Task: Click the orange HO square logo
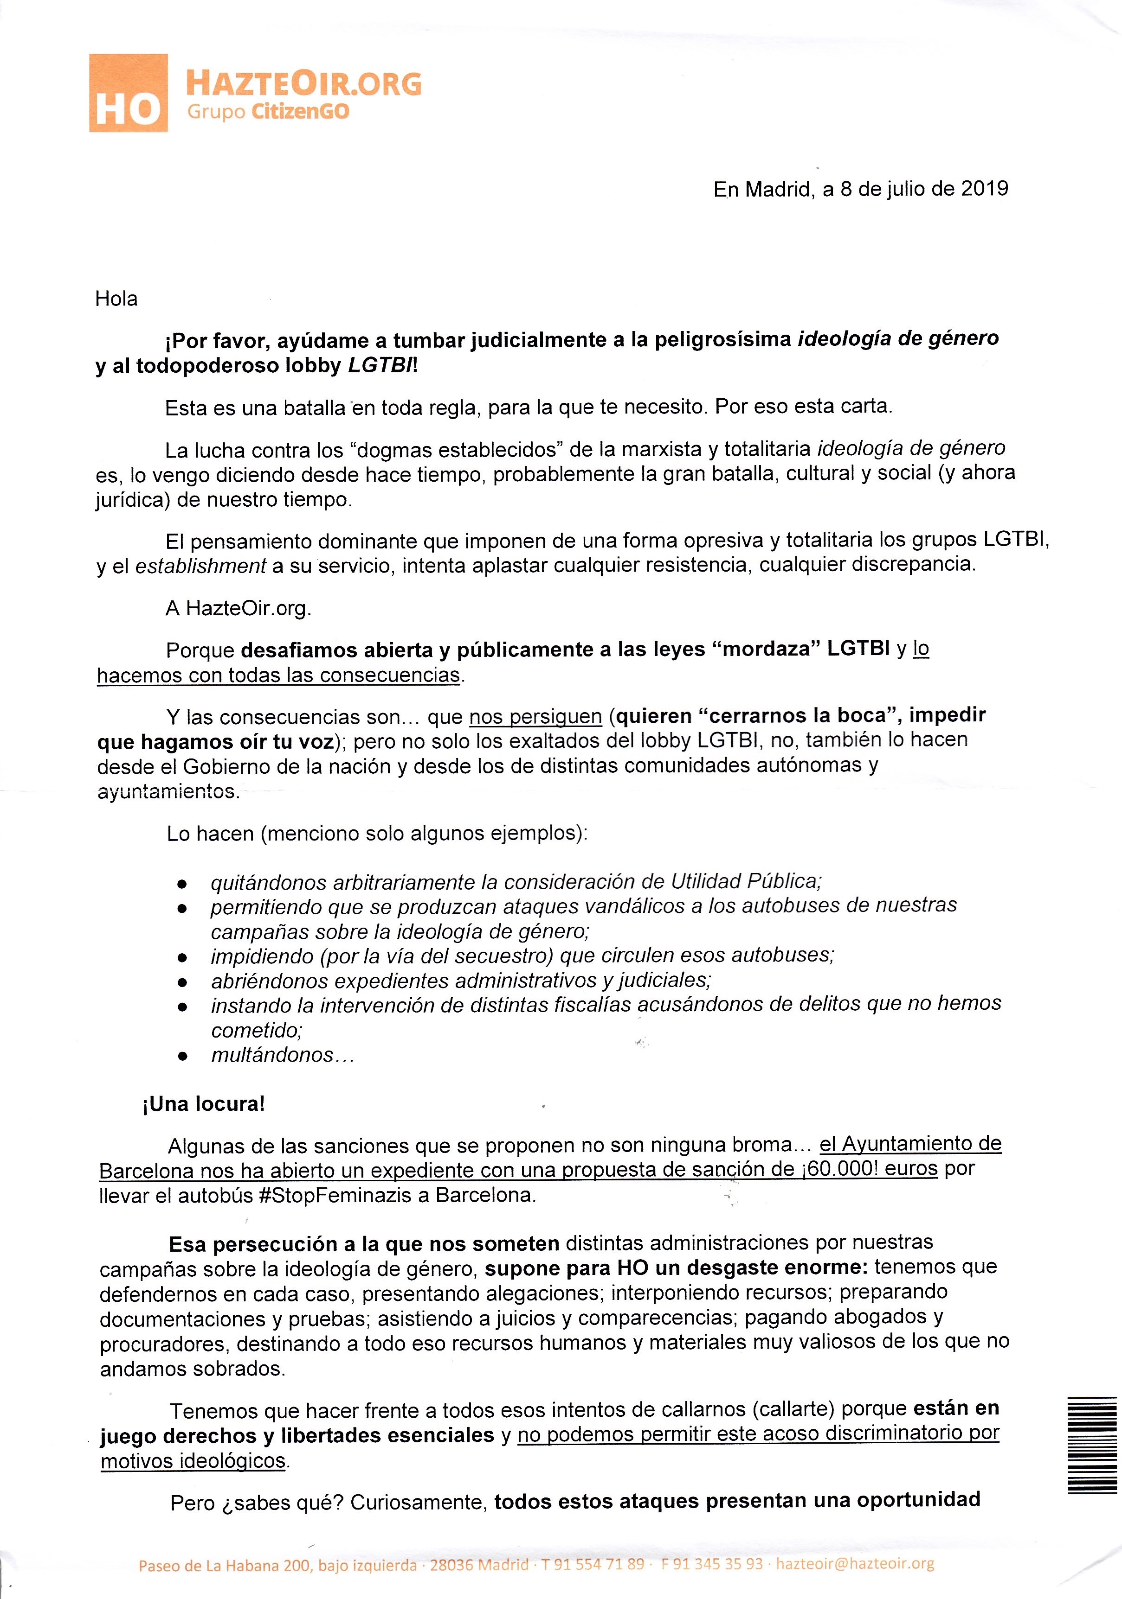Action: click(x=128, y=93)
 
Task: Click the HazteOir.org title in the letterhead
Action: click(x=303, y=83)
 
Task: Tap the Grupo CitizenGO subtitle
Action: click(x=268, y=112)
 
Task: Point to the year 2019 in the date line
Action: click(x=985, y=189)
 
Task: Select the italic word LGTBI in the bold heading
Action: click(x=380, y=366)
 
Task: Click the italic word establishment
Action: click(x=201, y=566)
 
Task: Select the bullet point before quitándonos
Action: click(x=182, y=884)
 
